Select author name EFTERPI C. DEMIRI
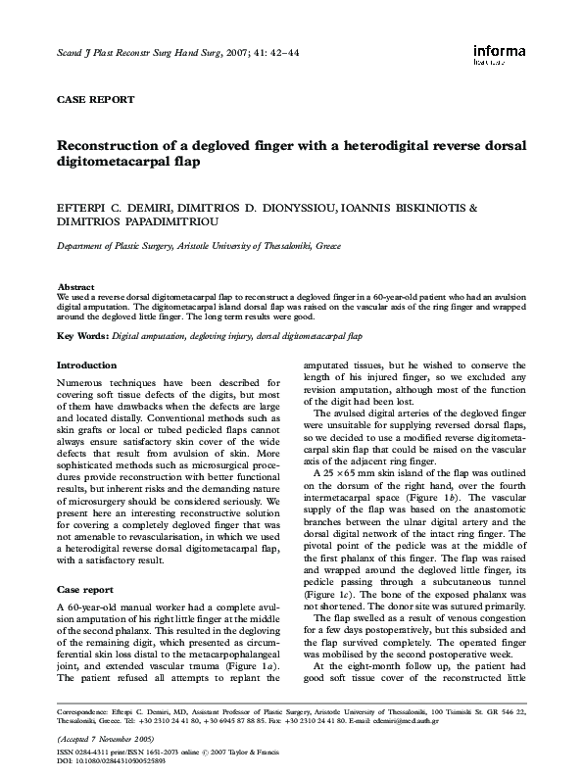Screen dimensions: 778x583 pos(114,208)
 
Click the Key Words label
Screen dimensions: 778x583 pos(83,336)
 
